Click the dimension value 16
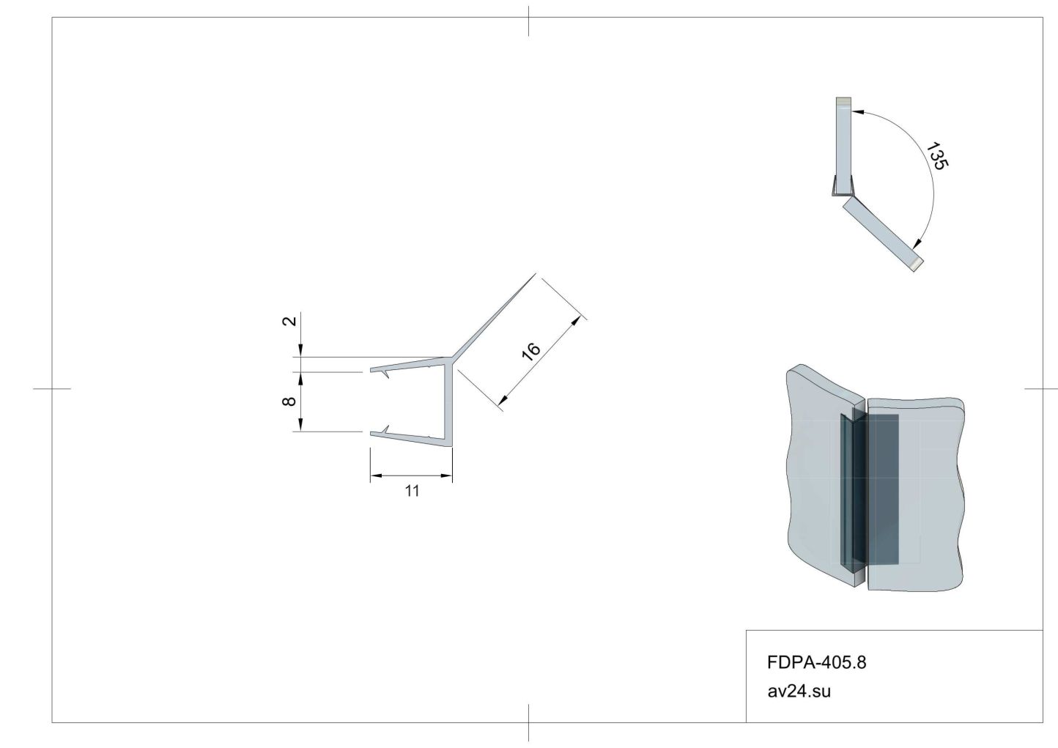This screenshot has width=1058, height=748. [x=531, y=351]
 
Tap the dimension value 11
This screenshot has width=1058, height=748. [x=412, y=491]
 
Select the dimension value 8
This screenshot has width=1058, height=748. [x=289, y=401]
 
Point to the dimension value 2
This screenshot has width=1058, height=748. [x=289, y=321]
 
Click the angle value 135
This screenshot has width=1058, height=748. [x=937, y=156]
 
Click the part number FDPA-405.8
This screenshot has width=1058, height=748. [x=817, y=662]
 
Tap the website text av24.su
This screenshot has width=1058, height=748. [x=799, y=692]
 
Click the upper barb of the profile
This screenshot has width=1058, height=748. [x=385, y=374]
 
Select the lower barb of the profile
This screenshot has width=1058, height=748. [x=385, y=429]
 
